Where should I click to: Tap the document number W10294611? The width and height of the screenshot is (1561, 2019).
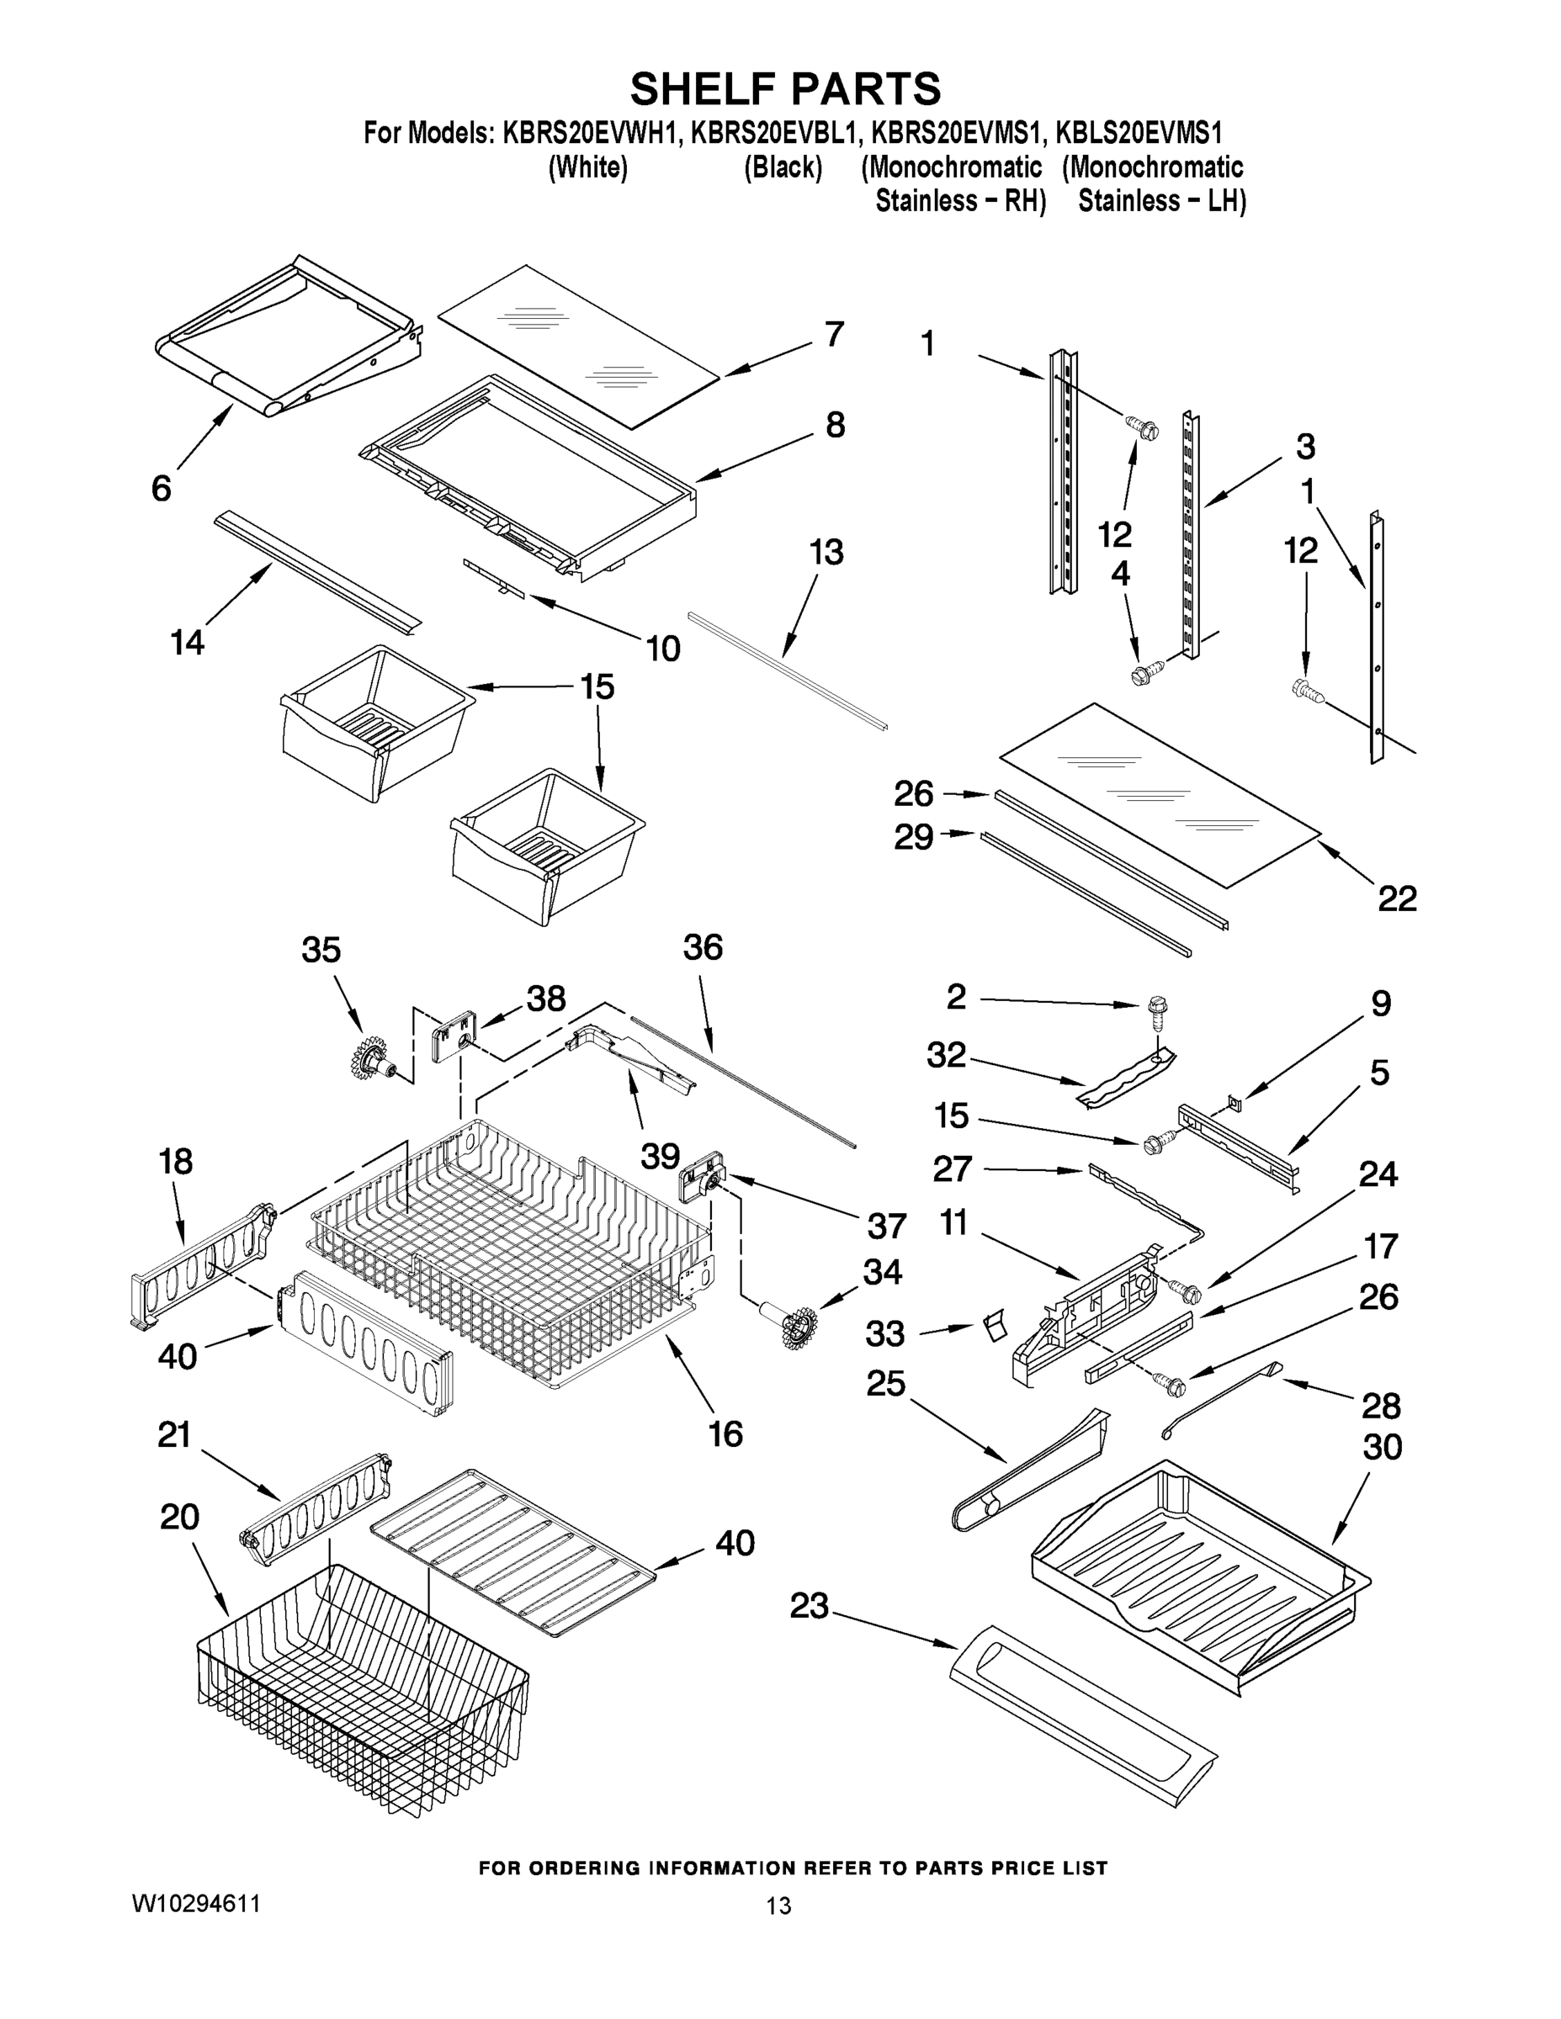[x=195, y=1904]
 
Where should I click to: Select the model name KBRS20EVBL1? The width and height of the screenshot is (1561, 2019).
[x=768, y=133]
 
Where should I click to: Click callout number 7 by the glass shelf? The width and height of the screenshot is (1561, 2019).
[x=833, y=334]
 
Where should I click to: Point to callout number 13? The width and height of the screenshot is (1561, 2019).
[x=826, y=552]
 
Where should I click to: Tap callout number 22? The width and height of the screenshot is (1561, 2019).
[x=1396, y=898]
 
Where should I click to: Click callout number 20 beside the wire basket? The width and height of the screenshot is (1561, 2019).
[x=179, y=1516]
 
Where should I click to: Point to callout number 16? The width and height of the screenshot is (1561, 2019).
[x=726, y=1433]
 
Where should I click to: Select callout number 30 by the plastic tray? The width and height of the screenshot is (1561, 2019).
[x=1382, y=1447]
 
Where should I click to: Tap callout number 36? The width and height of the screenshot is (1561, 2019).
[x=703, y=946]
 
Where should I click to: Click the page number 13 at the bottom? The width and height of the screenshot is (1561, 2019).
[x=779, y=1905]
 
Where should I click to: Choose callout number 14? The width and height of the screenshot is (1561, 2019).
[x=188, y=642]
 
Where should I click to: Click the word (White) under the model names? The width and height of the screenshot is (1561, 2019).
[x=588, y=167]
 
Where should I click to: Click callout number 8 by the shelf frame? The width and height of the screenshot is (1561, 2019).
[x=834, y=424]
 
